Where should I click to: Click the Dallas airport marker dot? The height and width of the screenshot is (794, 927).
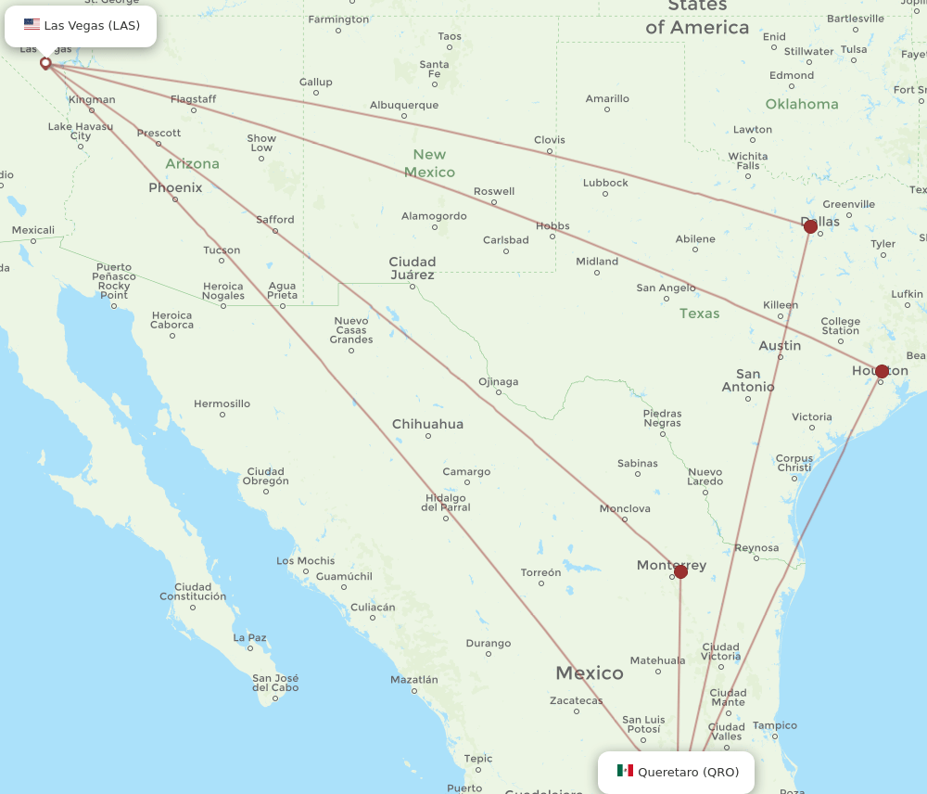tap(811, 226)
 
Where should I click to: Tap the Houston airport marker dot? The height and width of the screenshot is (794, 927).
tap(882, 371)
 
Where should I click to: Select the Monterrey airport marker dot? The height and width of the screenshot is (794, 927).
tap(680, 571)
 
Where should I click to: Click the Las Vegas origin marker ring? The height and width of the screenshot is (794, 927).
tap(45, 63)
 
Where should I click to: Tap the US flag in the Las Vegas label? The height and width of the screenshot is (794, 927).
tap(32, 25)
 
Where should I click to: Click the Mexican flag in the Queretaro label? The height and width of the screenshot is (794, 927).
tap(625, 771)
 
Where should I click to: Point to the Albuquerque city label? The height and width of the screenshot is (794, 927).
tap(403, 105)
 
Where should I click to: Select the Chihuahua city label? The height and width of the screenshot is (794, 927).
tap(427, 424)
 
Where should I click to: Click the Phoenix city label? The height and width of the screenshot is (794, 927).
tap(175, 187)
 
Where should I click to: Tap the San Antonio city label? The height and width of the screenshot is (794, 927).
tap(748, 380)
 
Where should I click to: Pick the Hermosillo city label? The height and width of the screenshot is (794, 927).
tap(222, 403)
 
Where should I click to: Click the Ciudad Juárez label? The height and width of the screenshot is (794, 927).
tap(413, 268)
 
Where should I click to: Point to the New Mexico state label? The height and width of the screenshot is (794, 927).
tap(429, 163)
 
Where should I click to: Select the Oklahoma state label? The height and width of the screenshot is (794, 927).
tap(802, 104)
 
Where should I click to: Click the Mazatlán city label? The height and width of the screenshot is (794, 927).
tap(413, 679)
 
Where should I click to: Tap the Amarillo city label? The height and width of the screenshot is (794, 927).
tap(607, 98)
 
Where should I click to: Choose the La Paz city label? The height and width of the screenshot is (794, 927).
tap(249, 637)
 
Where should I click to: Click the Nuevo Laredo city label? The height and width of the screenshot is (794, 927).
tap(705, 477)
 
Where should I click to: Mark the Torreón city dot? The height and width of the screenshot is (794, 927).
tap(540, 584)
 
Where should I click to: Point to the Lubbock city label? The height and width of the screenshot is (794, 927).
tap(605, 183)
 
